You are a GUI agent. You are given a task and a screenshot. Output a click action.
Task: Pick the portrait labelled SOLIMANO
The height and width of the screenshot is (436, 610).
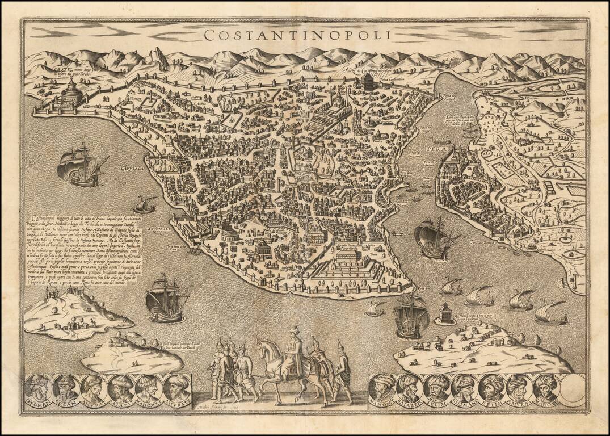[464, 388]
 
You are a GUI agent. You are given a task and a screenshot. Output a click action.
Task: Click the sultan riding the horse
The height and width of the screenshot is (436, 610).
[292, 352]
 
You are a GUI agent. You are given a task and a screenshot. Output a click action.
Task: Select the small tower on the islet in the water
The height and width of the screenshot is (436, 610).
[446, 313]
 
